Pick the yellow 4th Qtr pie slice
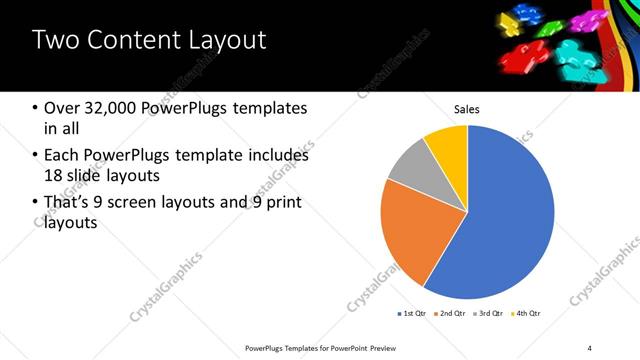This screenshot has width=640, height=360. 446,145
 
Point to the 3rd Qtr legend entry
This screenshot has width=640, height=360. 488,314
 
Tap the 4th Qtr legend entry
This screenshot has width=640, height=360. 527,314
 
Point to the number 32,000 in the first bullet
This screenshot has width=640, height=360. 108,108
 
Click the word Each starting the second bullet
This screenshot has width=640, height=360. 62,155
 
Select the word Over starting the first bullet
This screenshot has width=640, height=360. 62,108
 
